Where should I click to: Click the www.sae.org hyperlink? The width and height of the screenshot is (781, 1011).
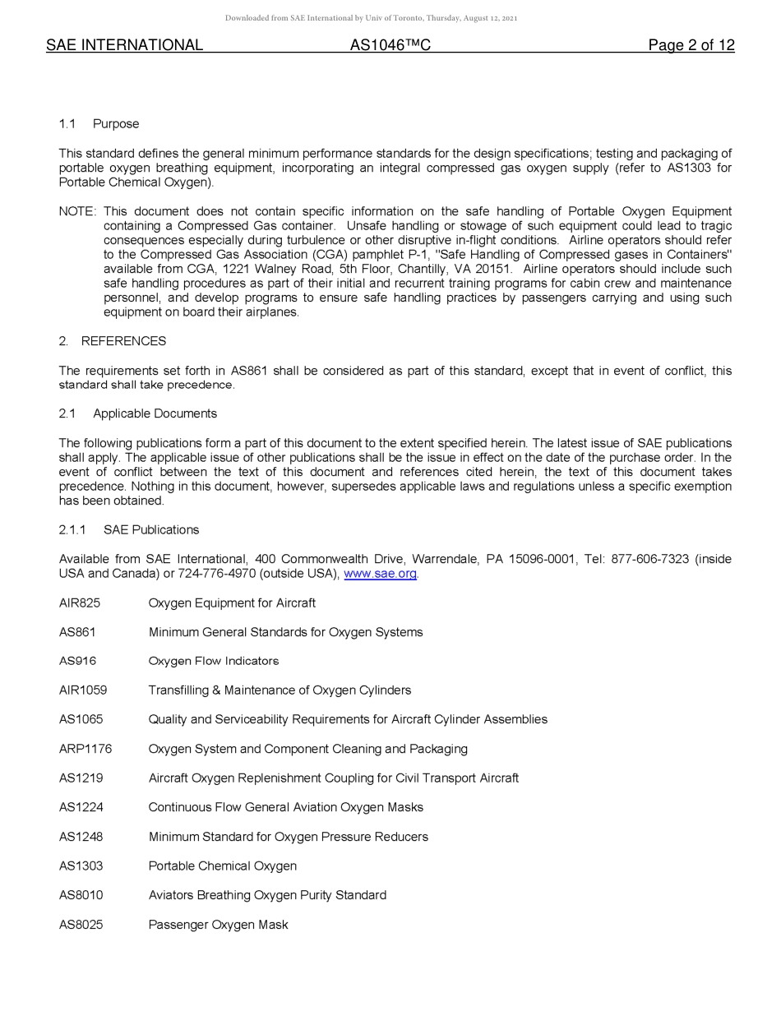click(x=380, y=574)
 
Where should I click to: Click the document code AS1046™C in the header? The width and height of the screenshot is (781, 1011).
click(x=390, y=45)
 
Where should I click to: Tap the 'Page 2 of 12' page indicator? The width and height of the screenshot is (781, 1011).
click(x=691, y=45)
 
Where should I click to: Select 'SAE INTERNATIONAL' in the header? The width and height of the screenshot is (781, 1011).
click(x=124, y=45)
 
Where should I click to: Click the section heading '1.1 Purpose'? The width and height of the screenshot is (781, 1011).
click(x=99, y=124)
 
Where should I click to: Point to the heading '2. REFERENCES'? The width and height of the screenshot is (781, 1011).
click(x=112, y=341)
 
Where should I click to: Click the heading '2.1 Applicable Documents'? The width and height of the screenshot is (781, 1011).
click(x=137, y=413)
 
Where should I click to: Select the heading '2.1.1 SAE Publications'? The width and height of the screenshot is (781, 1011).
click(x=128, y=530)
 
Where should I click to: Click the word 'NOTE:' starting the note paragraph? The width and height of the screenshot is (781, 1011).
click(x=77, y=211)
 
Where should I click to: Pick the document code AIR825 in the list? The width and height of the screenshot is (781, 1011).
click(x=80, y=603)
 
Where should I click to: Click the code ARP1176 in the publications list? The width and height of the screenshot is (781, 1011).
click(x=85, y=749)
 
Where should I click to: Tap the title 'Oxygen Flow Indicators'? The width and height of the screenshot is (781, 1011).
click(x=214, y=661)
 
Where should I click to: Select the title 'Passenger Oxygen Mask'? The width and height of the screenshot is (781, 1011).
click(x=218, y=925)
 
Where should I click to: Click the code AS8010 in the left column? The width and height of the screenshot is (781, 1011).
click(x=81, y=895)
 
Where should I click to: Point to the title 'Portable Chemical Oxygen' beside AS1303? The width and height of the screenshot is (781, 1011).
click(x=222, y=866)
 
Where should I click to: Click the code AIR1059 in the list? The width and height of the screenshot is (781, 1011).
click(x=83, y=690)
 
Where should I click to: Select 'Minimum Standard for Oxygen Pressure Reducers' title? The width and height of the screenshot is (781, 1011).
click(x=288, y=837)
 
